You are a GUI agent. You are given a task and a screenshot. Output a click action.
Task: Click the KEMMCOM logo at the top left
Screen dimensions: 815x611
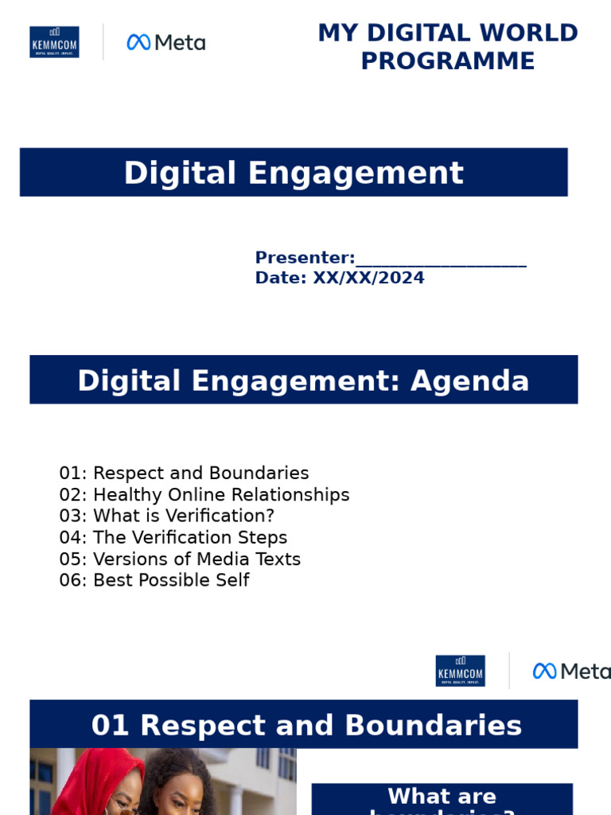(54, 42)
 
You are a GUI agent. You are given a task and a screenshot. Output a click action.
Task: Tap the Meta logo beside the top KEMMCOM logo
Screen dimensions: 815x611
(166, 42)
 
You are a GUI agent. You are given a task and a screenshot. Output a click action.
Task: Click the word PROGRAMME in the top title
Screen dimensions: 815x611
(448, 61)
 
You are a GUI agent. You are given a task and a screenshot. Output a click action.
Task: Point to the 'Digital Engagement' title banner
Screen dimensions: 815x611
(294, 173)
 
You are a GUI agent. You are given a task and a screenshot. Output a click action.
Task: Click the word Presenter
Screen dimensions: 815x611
(304, 258)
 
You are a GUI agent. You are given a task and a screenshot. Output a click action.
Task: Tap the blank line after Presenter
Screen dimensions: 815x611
(442, 259)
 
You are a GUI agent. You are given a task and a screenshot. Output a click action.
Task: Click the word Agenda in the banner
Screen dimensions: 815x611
(469, 381)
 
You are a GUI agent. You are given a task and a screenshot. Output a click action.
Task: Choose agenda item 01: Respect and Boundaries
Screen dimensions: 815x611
(184, 474)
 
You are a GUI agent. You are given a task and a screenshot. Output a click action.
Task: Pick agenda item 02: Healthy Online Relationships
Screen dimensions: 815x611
(204, 495)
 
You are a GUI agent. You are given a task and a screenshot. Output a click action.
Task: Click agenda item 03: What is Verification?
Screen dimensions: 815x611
(166, 517)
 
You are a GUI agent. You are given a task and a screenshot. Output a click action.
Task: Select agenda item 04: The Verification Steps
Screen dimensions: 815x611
(173, 538)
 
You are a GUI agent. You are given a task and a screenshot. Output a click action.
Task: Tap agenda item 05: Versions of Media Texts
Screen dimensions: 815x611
(180, 560)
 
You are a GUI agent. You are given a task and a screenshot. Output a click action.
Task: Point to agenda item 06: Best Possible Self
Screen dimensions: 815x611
(154, 580)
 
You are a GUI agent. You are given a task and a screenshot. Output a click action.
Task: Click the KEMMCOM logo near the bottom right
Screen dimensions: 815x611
(460, 671)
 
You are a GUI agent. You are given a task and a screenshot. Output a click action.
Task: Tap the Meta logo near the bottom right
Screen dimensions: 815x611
(571, 671)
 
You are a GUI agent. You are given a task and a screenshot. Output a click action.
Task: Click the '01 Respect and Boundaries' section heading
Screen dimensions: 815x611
(306, 725)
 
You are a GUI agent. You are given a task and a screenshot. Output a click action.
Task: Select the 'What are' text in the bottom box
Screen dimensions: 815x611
(442, 796)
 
